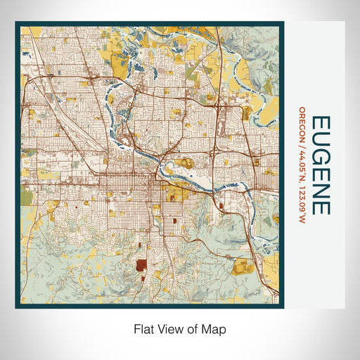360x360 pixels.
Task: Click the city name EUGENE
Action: coord(319,165)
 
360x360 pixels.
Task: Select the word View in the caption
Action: coord(169,328)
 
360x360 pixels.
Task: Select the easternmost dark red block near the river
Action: coord(221,206)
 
